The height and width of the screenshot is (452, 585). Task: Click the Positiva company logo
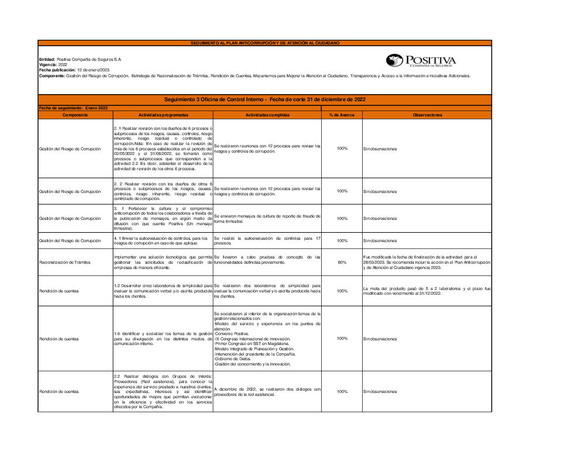click(421, 61)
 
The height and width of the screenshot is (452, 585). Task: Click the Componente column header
click(75, 115)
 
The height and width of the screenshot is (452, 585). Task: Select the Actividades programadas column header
click(163, 115)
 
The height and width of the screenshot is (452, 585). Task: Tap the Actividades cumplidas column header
click(267, 115)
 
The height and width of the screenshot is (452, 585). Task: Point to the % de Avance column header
click(342, 115)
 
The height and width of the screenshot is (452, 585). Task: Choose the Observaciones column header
click(427, 115)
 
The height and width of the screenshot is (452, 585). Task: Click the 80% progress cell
click(342, 263)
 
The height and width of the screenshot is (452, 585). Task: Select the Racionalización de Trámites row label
click(65, 263)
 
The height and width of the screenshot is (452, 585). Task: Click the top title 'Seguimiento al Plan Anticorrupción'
click(265, 43)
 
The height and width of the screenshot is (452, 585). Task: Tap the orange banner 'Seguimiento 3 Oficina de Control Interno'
click(265, 99)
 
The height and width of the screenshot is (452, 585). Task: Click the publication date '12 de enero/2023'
click(93, 70)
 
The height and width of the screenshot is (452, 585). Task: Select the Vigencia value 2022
click(63, 64)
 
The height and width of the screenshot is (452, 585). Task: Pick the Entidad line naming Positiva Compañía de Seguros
click(80, 59)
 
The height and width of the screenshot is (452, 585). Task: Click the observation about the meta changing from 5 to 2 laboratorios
click(426, 291)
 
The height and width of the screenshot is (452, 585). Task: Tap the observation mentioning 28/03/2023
click(426, 263)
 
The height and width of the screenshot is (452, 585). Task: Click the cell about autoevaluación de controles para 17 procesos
click(267, 240)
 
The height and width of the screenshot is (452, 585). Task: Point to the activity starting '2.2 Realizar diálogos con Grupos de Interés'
click(163, 391)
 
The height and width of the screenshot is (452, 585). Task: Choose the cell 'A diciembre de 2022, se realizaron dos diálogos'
click(267, 391)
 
